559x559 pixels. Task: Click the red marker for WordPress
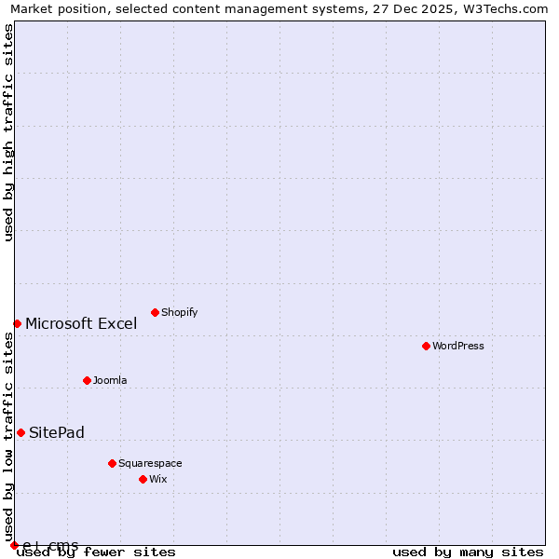426,346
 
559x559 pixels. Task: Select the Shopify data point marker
155,312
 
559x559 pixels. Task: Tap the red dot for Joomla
87,380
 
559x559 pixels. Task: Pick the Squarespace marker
112,463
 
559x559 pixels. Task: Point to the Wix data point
143,479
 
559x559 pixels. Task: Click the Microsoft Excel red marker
17,323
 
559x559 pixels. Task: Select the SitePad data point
20,432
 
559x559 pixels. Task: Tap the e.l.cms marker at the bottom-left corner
14,545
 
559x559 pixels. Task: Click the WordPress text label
458,346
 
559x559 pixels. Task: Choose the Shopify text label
179,312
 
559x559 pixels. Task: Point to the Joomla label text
110,380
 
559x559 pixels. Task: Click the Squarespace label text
150,463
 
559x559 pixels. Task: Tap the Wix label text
157,479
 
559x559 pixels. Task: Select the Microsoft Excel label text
81,323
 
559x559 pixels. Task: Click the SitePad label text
57,432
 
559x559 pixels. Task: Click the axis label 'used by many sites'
468,552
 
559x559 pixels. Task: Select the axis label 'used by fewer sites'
96,552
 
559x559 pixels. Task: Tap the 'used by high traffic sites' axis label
8,132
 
